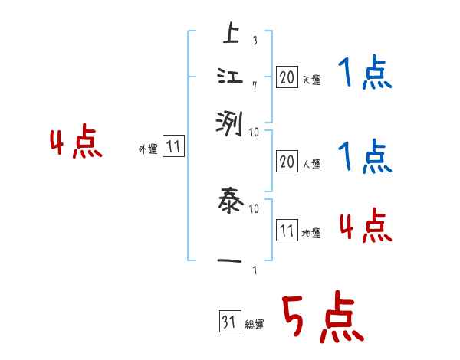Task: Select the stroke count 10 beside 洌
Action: tap(254, 132)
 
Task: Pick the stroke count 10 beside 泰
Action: tap(255, 208)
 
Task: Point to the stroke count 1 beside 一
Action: tap(255, 268)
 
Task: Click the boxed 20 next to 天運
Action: tap(287, 77)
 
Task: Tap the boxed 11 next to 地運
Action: tap(287, 230)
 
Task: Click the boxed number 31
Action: tap(228, 322)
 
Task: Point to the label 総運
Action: tap(255, 325)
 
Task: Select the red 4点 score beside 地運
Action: tap(365, 227)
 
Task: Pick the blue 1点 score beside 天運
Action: tap(364, 75)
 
